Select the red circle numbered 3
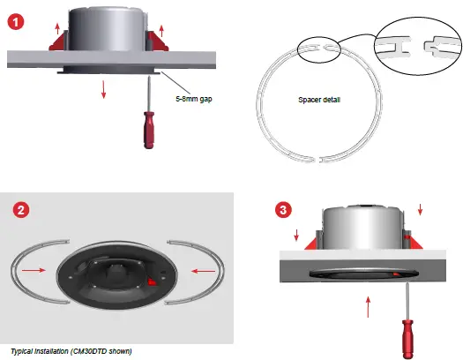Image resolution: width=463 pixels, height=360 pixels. (280, 210)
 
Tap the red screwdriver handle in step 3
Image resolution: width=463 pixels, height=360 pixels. (407, 336)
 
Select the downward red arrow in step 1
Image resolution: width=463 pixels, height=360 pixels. (104, 88)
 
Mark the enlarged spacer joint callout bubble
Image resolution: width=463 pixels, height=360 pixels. (414, 41)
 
